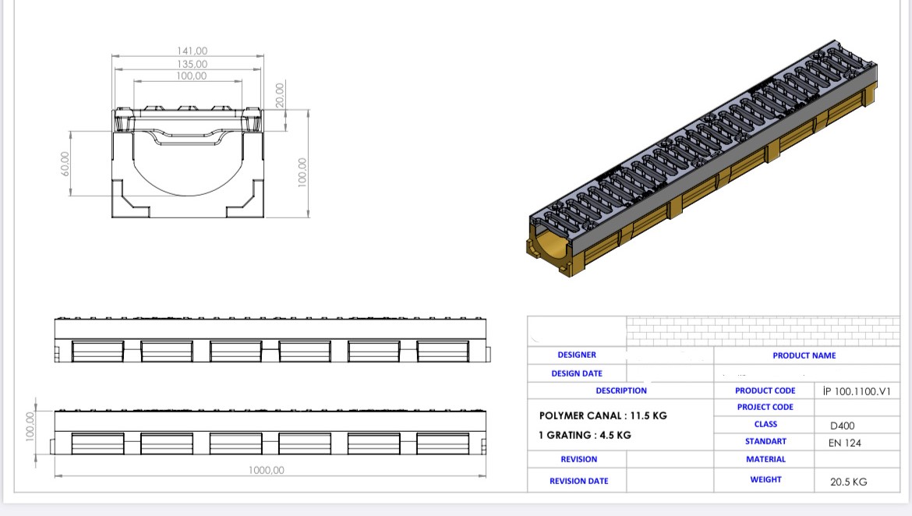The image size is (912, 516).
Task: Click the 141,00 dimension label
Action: [x=192, y=51]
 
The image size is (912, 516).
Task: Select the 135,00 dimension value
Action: [x=192, y=64]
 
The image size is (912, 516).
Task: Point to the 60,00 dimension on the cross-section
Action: [x=65, y=163]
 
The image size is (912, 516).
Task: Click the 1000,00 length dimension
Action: [x=267, y=470]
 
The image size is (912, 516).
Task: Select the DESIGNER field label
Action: [x=577, y=355]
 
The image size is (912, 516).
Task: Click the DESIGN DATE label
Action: [x=577, y=373]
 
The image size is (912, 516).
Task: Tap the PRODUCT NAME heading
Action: [x=804, y=355]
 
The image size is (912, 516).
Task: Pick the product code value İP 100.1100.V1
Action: [x=856, y=391]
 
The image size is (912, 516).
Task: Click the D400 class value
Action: [x=842, y=426]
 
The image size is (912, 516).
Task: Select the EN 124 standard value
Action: [x=844, y=443]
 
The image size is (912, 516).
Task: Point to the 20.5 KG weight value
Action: [x=848, y=482]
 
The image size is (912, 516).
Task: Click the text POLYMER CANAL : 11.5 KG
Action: [x=603, y=415]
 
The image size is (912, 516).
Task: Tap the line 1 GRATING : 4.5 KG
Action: [x=585, y=435]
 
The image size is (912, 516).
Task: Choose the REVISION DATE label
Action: [x=578, y=481]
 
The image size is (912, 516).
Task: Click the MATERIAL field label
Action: [x=765, y=459]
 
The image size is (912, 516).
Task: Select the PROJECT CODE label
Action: [x=765, y=407]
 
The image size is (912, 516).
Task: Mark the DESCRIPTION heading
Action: [x=621, y=391]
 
